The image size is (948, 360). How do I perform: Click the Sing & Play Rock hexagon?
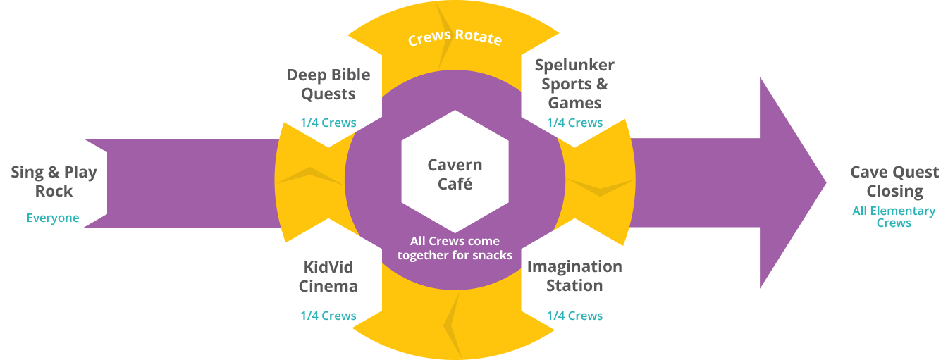tap(54, 182)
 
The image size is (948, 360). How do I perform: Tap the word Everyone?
tap(53, 218)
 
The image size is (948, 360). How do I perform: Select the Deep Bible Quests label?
tap(328, 85)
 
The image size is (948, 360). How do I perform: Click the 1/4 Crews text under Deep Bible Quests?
tap(328, 123)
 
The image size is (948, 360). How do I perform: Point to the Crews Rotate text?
tap(455, 37)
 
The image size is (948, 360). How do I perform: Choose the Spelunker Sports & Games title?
tap(574, 84)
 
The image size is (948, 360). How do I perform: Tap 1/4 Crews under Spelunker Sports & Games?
tap(574, 123)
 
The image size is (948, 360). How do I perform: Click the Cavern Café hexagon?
tap(455, 175)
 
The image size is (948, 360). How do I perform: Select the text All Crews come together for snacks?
tap(455, 248)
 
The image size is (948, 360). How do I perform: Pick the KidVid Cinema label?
tap(328, 276)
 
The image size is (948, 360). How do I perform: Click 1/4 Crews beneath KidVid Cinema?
tap(328, 316)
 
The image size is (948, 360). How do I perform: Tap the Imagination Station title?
tap(574, 276)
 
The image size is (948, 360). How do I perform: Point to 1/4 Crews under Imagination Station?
tap(574, 316)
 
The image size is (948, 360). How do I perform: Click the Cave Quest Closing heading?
tap(894, 182)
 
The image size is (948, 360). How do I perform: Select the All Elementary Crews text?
tap(894, 216)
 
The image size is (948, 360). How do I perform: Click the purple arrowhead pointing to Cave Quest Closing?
tap(789, 183)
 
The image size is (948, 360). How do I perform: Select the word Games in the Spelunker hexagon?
tap(574, 103)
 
